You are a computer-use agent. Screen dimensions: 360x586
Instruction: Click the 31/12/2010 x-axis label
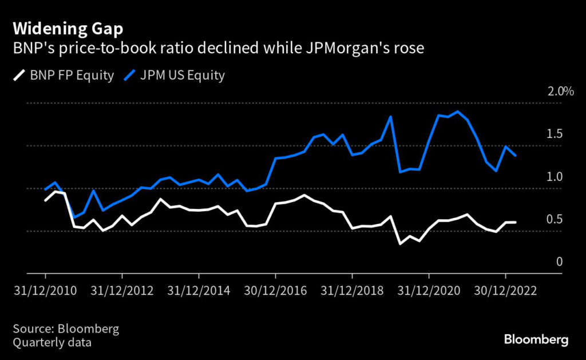click(46, 290)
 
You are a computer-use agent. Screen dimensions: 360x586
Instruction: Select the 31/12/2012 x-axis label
click(122, 290)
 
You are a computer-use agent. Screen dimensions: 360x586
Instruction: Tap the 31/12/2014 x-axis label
click(199, 290)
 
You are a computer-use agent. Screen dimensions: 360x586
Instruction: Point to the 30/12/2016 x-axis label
click(276, 290)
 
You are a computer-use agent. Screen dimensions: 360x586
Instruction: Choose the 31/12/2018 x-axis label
click(353, 290)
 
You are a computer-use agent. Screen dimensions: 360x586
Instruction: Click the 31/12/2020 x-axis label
click(429, 290)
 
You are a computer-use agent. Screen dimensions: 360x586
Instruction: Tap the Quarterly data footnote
click(52, 343)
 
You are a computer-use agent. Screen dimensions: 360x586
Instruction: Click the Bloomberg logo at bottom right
click(536, 340)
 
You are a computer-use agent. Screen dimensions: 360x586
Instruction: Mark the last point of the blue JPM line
click(516, 156)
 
